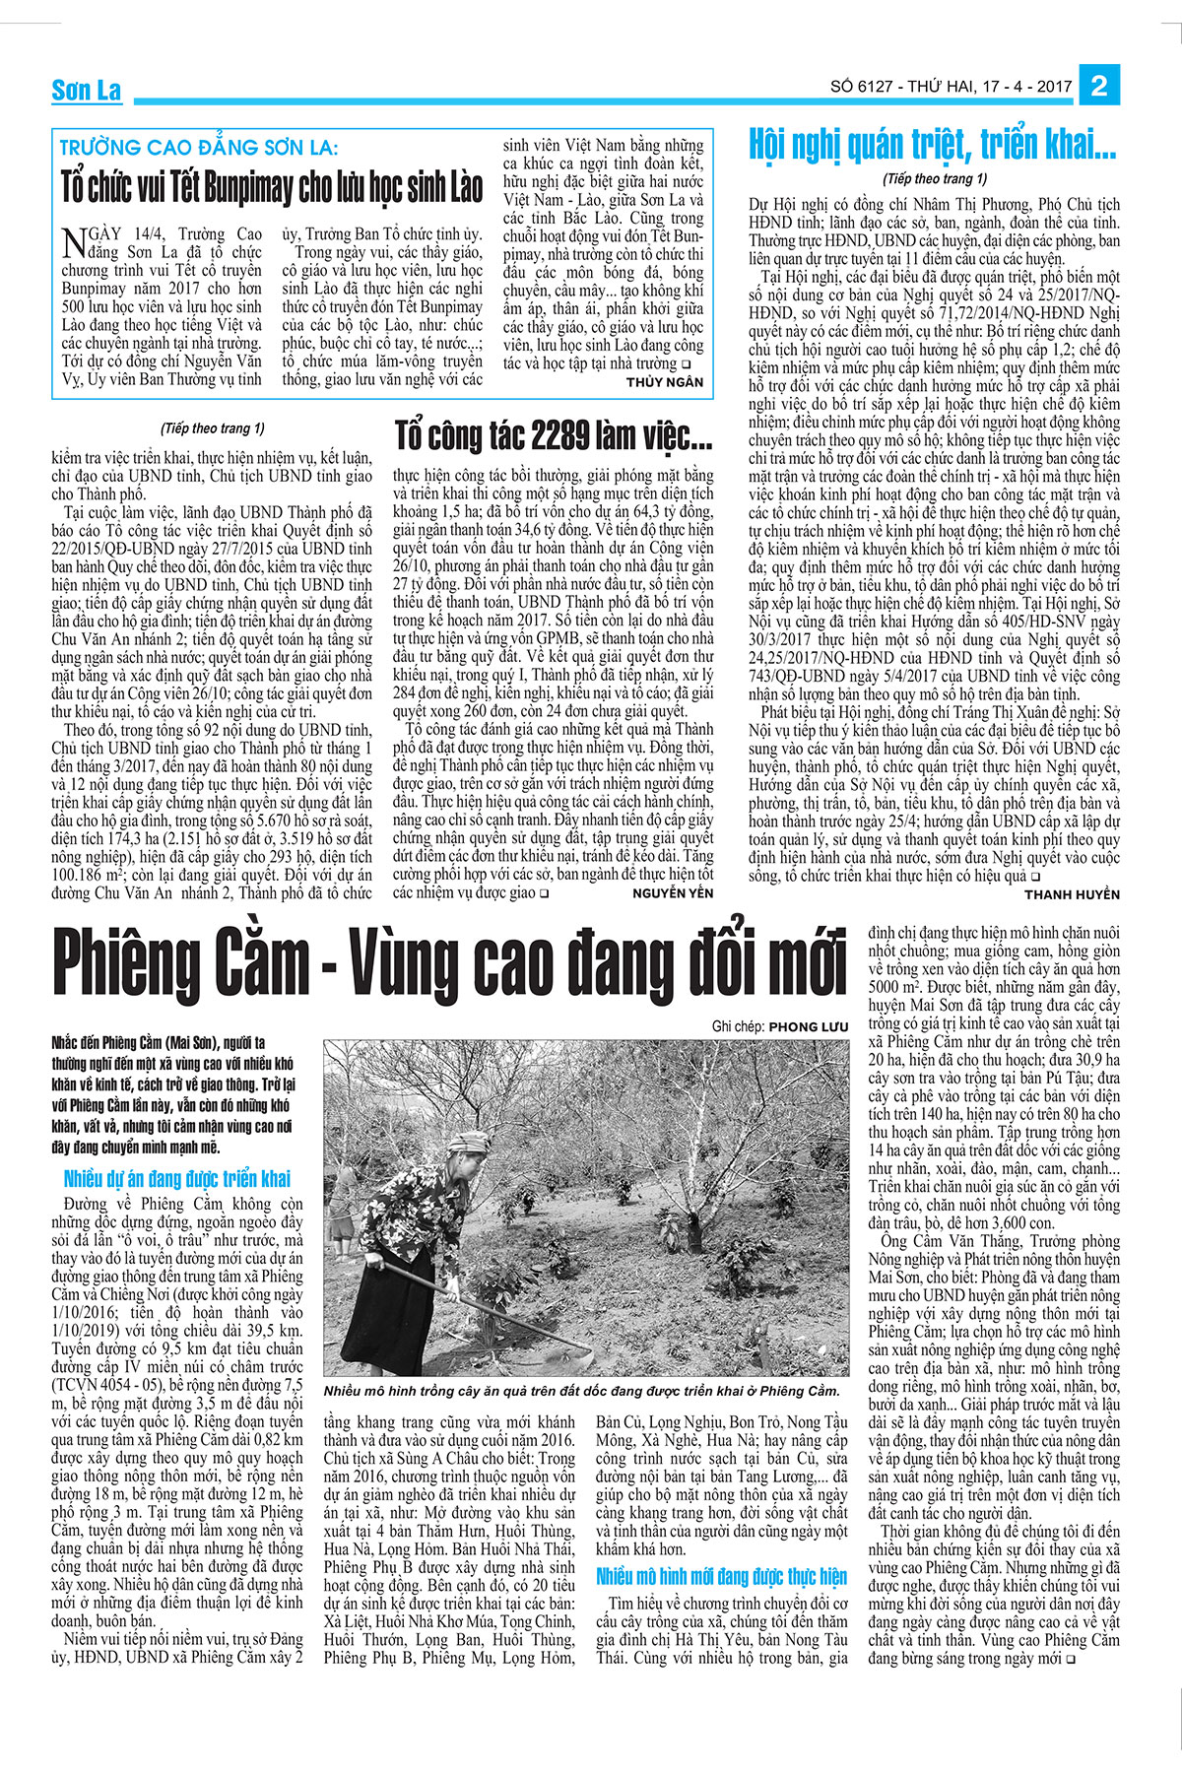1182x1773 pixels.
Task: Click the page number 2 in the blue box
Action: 1099,86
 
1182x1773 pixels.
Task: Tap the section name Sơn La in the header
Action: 86,92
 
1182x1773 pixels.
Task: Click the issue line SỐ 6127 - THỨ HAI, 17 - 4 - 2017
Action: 951,87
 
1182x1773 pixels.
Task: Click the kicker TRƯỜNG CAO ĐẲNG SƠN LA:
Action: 198,149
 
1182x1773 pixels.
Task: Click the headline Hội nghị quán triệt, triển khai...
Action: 932,145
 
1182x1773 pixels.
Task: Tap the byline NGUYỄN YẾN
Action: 673,892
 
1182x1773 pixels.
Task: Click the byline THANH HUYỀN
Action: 1072,893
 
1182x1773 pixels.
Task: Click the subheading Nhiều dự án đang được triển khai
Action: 177,1179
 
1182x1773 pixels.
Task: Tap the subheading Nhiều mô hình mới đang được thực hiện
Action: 721,1576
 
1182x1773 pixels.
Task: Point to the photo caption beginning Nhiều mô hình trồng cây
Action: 585,1391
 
